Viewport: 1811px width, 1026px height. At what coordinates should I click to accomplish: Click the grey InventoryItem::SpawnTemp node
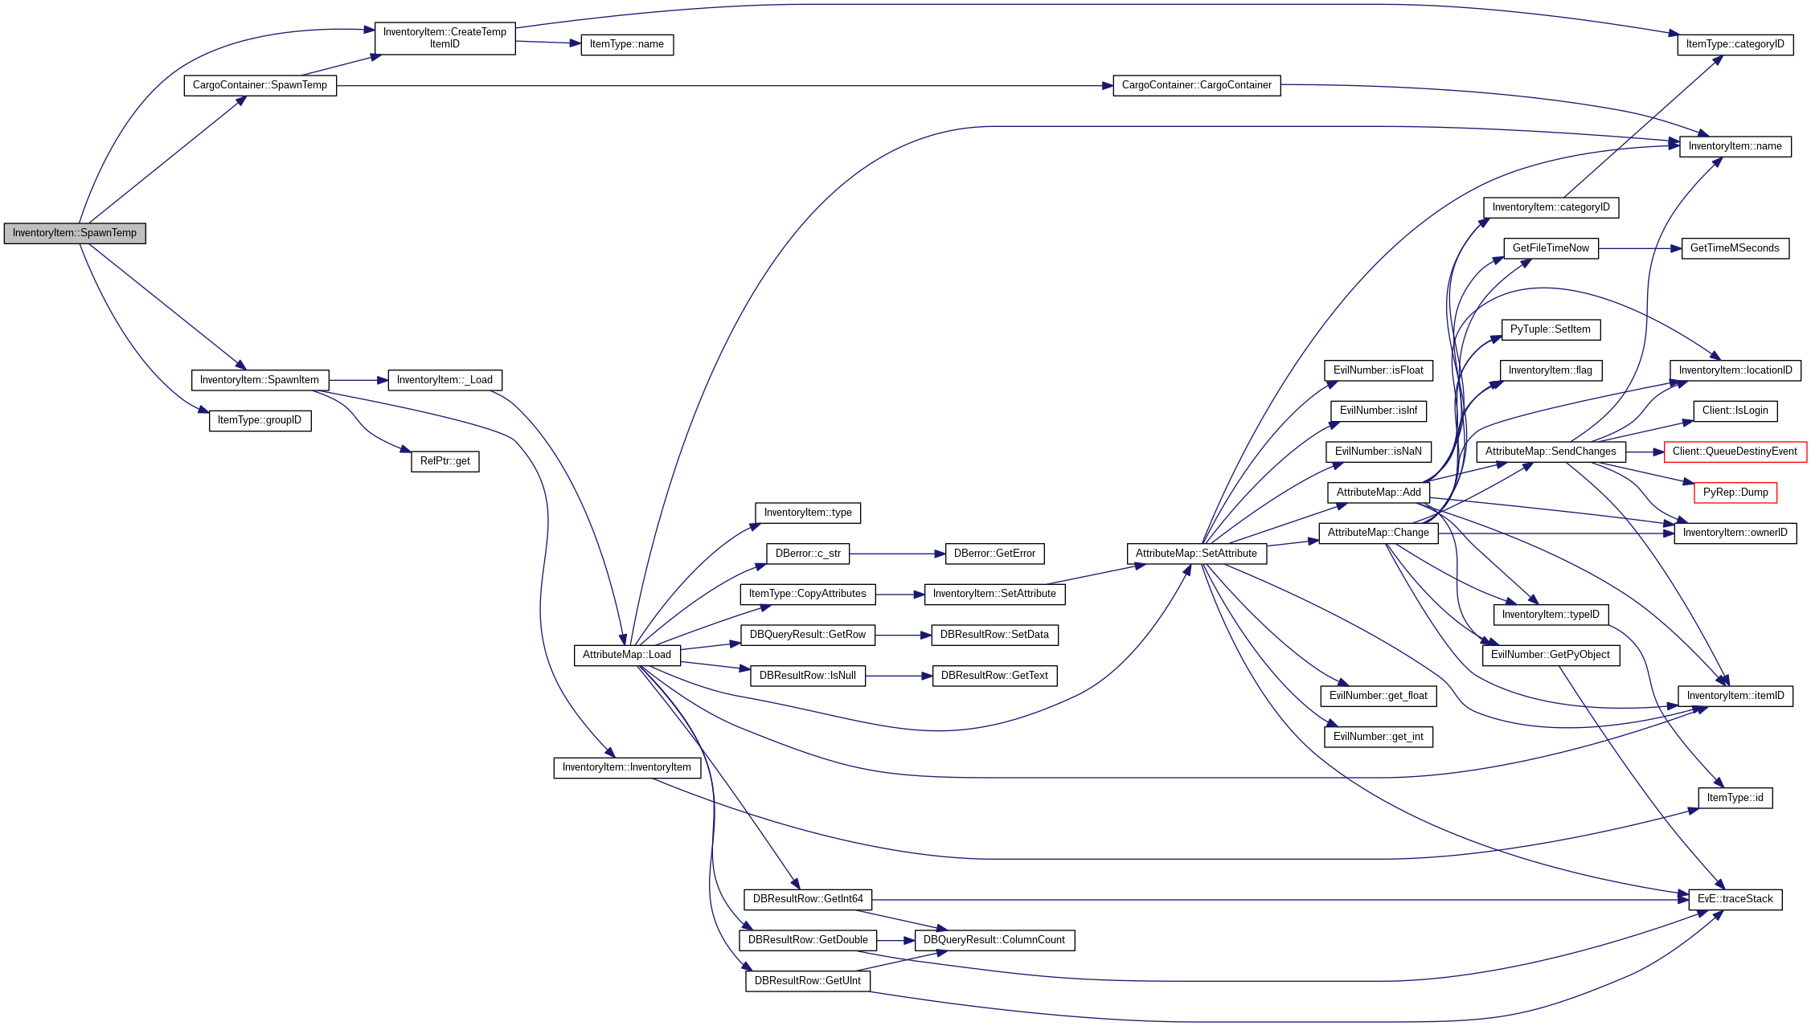click(x=75, y=233)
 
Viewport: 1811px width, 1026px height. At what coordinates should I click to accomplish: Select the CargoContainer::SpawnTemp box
click(x=260, y=85)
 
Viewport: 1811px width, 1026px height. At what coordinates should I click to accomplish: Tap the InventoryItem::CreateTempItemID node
click(x=445, y=38)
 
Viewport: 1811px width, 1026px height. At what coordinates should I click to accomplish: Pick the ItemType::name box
click(x=626, y=44)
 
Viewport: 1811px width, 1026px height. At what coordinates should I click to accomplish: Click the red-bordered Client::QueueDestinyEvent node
click(x=1735, y=452)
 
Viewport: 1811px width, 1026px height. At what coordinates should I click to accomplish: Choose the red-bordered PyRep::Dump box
click(x=1735, y=493)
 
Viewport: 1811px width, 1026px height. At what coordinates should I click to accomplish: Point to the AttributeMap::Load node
click(x=626, y=655)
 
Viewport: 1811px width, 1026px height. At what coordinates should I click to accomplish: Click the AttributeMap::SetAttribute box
click(x=1195, y=554)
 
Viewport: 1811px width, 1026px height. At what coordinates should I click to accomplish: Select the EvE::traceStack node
click(x=1735, y=899)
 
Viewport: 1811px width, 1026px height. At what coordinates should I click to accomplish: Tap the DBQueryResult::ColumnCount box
click(x=994, y=940)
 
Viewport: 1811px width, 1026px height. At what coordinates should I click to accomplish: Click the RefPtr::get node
click(x=445, y=461)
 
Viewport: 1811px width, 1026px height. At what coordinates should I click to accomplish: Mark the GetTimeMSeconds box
click(x=1735, y=248)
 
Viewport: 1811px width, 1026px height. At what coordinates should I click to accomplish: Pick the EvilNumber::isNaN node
click(x=1378, y=452)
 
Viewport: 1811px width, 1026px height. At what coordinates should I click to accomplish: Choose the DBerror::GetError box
click(x=994, y=554)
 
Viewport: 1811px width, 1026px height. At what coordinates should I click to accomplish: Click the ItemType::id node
click(x=1735, y=798)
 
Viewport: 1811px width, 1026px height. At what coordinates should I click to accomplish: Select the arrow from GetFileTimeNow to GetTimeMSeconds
click(x=1640, y=248)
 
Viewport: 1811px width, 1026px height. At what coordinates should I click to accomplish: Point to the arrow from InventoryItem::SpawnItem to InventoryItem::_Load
click(x=358, y=380)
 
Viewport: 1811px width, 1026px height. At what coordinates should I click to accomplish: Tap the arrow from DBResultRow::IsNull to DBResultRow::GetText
click(x=899, y=676)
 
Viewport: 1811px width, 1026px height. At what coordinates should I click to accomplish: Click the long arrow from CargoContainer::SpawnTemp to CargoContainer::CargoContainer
click(x=723, y=85)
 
